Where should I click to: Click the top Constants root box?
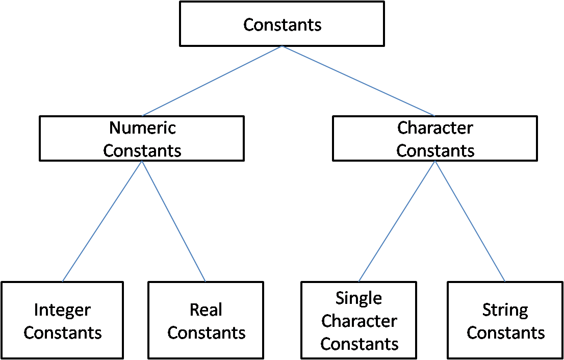tap(282, 24)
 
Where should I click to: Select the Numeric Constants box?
tap(142, 139)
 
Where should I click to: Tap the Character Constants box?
tap(434, 139)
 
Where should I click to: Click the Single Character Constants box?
tap(359, 320)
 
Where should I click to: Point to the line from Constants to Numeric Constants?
tap(212, 81)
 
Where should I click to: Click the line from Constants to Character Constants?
tap(358, 81)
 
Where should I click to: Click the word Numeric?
tap(142, 127)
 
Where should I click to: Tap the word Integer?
tap(62, 310)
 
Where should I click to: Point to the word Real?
tap(206, 310)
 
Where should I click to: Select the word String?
tap(505, 310)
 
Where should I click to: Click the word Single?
tap(359, 298)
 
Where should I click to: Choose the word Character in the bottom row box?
tap(359, 321)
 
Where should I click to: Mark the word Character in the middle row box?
tap(435, 127)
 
